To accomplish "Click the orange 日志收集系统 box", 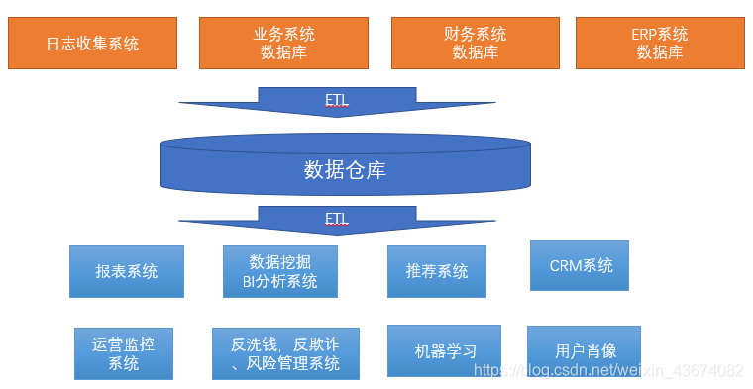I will tap(92, 43).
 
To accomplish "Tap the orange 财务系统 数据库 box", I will tap(476, 43).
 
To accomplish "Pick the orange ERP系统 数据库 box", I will tap(660, 43).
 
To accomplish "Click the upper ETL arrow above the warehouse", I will tap(337, 101).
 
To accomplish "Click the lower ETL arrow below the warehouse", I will tap(337, 220).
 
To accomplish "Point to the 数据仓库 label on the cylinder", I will tap(344, 169).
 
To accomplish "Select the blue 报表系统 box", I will tap(127, 271).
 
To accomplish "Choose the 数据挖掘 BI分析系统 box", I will tap(280, 271).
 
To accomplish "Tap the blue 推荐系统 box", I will tap(437, 271).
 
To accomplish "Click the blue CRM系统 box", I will tap(580, 265).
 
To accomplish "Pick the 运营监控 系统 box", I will tap(124, 353).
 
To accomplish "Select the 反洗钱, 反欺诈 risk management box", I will tap(285, 353).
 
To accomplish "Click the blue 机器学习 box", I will tap(444, 350).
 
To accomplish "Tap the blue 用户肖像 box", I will tap(584, 350).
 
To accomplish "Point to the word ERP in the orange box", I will tap(645, 34).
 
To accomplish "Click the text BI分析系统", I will tap(280, 281).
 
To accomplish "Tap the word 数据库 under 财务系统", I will tap(476, 52).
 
